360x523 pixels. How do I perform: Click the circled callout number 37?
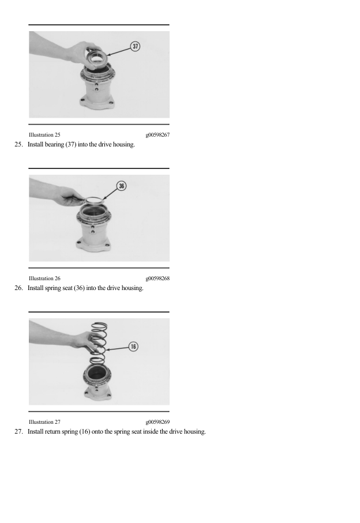coord(135,46)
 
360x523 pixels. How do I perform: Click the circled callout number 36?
coord(122,186)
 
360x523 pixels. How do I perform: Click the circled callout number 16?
coord(133,347)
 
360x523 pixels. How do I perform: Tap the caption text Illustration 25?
coord(48,135)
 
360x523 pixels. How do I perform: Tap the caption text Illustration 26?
coord(48,279)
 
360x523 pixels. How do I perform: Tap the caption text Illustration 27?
coord(48,422)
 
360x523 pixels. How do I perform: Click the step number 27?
coord(18,431)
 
